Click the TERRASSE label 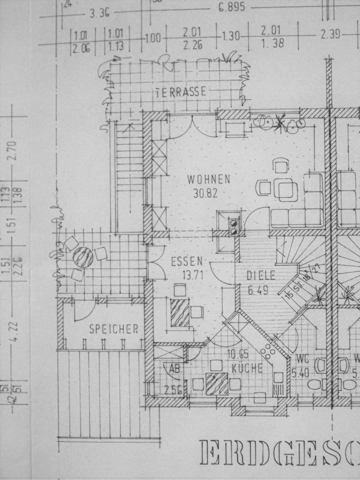181,91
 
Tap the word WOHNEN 209,180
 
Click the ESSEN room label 187,261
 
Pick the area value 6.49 258,290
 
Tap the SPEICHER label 114,329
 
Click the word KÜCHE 247,368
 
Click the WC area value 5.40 300,373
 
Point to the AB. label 175,369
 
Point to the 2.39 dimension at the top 330,34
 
